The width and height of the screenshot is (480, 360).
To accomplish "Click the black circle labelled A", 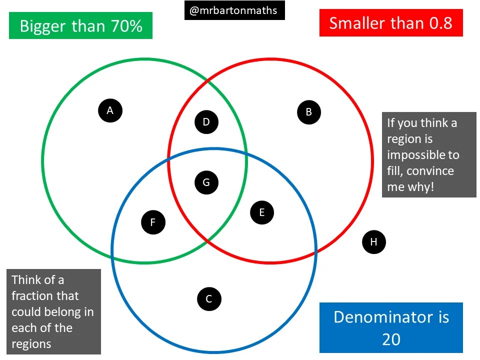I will (110, 110).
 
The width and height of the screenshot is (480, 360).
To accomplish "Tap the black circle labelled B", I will (308, 112).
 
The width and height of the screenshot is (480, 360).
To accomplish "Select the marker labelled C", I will (209, 299).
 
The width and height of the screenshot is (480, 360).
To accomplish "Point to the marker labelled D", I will (206, 121).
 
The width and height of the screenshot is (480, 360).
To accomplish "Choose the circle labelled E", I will (261, 212).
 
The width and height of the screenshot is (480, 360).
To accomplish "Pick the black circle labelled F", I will (153, 222).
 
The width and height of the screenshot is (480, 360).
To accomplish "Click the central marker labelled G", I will (206, 182).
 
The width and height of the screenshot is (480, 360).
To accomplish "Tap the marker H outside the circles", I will (373, 242).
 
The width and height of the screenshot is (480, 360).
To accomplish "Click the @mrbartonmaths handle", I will (234, 10).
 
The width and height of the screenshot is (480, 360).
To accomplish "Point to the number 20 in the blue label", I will (391, 339).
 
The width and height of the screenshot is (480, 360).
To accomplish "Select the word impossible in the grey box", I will (422, 155).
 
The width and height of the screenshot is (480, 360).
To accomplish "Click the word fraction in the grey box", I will (31, 296).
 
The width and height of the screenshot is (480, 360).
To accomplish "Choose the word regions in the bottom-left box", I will (31, 344).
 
